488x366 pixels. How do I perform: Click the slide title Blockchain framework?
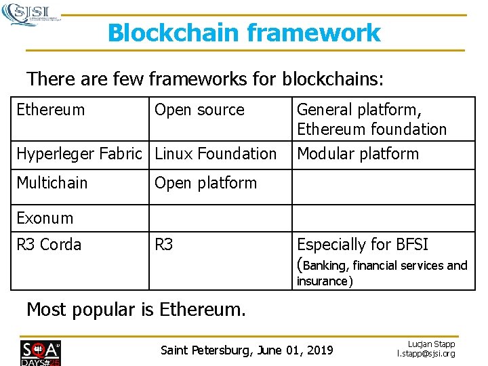pos(244,33)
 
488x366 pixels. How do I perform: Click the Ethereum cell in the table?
pos(51,110)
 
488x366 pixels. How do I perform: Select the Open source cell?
pos(199,110)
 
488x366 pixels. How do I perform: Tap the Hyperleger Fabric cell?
pos(79,154)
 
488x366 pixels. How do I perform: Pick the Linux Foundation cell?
pos(216,154)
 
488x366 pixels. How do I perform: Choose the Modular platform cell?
pos(358,154)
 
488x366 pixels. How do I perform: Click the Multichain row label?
pos(52,183)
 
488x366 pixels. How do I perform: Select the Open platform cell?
pos(205,183)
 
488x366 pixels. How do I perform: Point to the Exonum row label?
pos(45,218)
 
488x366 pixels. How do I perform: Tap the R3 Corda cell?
pos(49,245)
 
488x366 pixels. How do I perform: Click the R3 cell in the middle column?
pos(164,245)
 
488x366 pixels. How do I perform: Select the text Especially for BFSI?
pos(363,245)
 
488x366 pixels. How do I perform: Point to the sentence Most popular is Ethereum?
pos(136,310)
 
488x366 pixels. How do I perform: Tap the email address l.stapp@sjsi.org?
pos(426,354)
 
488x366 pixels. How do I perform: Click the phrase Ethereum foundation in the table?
pos(371,129)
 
